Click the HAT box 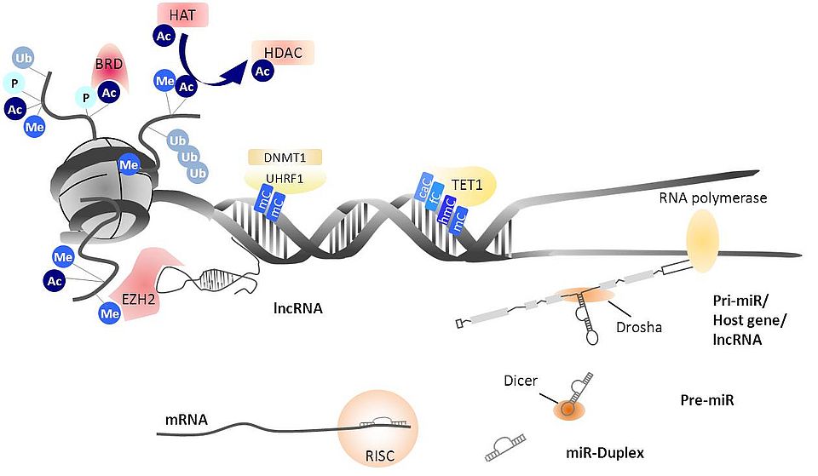click(x=182, y=14)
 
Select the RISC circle click(x=375, y=430)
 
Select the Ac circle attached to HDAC click(x=262, y=71)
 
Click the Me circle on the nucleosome click(x=129, y=163)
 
